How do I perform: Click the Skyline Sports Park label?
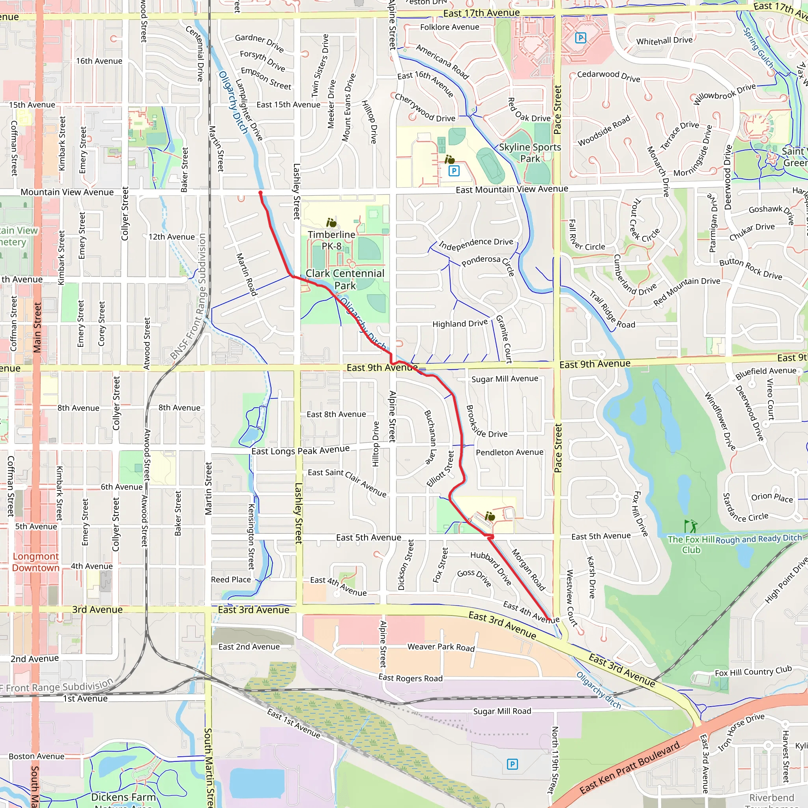point(530,153)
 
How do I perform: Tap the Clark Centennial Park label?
point(345,279)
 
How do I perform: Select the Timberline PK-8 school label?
point(332,240)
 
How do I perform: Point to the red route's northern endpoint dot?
point(260,193)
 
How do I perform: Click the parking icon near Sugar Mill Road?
point(512,765)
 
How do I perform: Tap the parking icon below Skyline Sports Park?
point(454,170)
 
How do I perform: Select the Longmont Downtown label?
point(36,562)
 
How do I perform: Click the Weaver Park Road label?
point(441,647)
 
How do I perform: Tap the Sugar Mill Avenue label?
point(505,379)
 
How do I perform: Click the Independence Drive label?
point(475,244)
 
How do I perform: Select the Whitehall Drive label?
point(664,41)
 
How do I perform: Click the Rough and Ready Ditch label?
point(759,539)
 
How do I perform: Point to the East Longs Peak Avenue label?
point(300,451)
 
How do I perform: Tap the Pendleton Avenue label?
point(509,453)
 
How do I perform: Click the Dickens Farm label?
point(123,797)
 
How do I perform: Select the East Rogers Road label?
point(410,678)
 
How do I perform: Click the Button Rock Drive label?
point(750,269)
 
